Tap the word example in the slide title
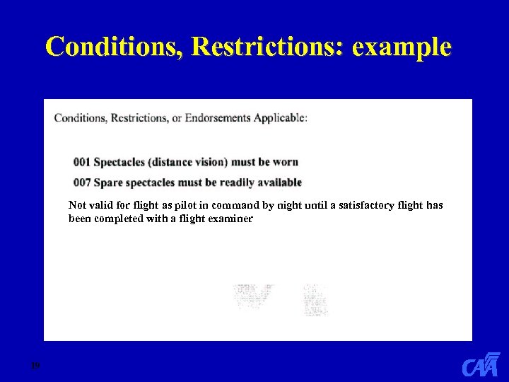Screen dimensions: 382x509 pyautogui.click(x=401, y=47)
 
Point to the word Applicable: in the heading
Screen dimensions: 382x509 pyautogui.click(x=281, y=117)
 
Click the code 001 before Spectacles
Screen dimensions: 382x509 pyautogui.click(x=82, y=163)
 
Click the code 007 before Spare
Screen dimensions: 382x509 pyautogui.click(x=82, y=183)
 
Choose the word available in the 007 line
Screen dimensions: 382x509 pyautogui.click(x=276, y=183)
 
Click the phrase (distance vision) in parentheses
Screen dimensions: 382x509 pyautogui.click(x=194, y=163)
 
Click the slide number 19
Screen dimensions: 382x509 pyautogui.click(x=34, y=366)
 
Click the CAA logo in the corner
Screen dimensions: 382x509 pyautogui.click(x=481, y=365)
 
